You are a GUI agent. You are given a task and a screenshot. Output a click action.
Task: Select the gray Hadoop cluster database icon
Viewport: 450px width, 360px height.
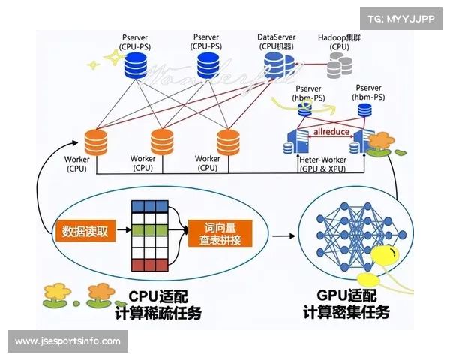[x=340, y=67]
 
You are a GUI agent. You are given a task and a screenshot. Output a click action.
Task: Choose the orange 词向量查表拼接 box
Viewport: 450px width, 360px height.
[x=219, y=233]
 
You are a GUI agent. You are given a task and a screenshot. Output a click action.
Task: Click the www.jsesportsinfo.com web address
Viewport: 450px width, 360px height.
[x=67, y=341]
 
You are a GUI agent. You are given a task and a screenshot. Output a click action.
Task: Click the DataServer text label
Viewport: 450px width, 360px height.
[x=276, y=37]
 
